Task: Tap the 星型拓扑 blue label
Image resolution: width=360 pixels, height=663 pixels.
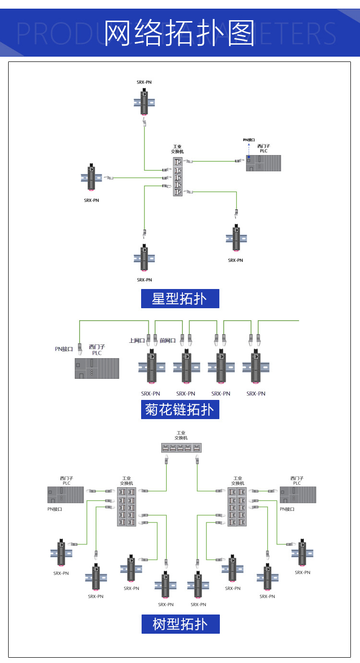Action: coord(180,299)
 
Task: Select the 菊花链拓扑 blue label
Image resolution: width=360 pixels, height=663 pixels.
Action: coord(180,410)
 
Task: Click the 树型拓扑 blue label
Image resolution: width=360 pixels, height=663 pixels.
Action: coord(180,624)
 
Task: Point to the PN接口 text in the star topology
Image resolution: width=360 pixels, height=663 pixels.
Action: coord(249,140)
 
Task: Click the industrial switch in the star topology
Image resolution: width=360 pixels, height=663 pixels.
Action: coord(178,176)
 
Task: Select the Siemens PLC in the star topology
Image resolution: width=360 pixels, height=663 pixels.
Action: coord(264,163)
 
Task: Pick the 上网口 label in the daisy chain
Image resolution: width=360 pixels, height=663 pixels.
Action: coord(137,340)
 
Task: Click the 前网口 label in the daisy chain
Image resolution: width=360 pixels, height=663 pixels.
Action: coord(168,340)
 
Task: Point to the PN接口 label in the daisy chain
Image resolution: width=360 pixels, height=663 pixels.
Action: coord(64,349)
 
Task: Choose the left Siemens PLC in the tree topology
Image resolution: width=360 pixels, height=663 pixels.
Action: coord(66,494)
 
